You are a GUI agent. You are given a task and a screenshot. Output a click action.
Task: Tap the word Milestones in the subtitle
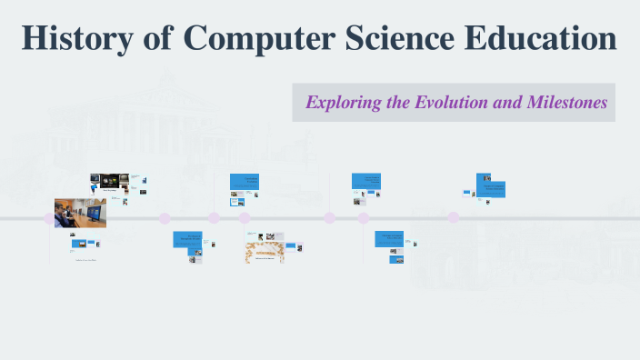pos(566,103)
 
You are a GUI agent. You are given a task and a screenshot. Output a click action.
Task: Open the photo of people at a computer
pos(80,213)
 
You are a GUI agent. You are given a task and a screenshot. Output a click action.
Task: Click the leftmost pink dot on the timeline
pos(50,218)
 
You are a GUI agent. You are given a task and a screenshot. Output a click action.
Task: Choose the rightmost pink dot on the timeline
pos(454,217)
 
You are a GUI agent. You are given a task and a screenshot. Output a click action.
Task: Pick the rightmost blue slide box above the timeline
pos(491,185)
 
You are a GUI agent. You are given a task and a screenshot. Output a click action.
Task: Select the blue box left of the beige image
pos(187,239)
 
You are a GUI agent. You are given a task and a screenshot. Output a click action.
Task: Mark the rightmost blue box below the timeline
pos(390,239)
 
